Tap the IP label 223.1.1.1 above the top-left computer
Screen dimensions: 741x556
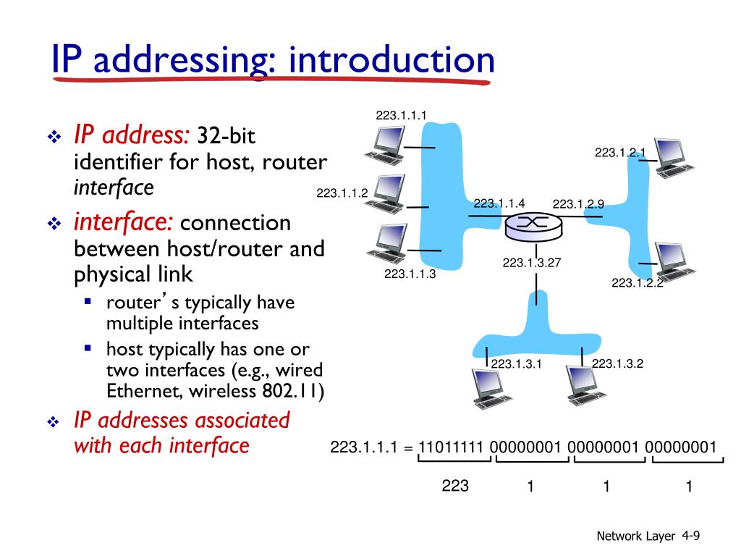[x=402, y=114]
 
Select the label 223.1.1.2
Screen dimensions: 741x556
[x=342, y=193]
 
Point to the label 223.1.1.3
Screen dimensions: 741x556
[x=410, y=274]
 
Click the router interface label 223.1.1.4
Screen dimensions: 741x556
[x=499, y=203]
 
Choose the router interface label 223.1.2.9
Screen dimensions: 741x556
[x=578, y=204]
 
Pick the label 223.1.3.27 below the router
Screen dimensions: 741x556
[x=532, y=263]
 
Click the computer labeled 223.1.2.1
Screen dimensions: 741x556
[x=674, y=158]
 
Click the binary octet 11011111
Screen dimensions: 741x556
[x=452, y=447]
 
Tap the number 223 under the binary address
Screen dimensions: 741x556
[x=455, y=486]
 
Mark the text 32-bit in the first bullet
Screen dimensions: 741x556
[x=226, y=135]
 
